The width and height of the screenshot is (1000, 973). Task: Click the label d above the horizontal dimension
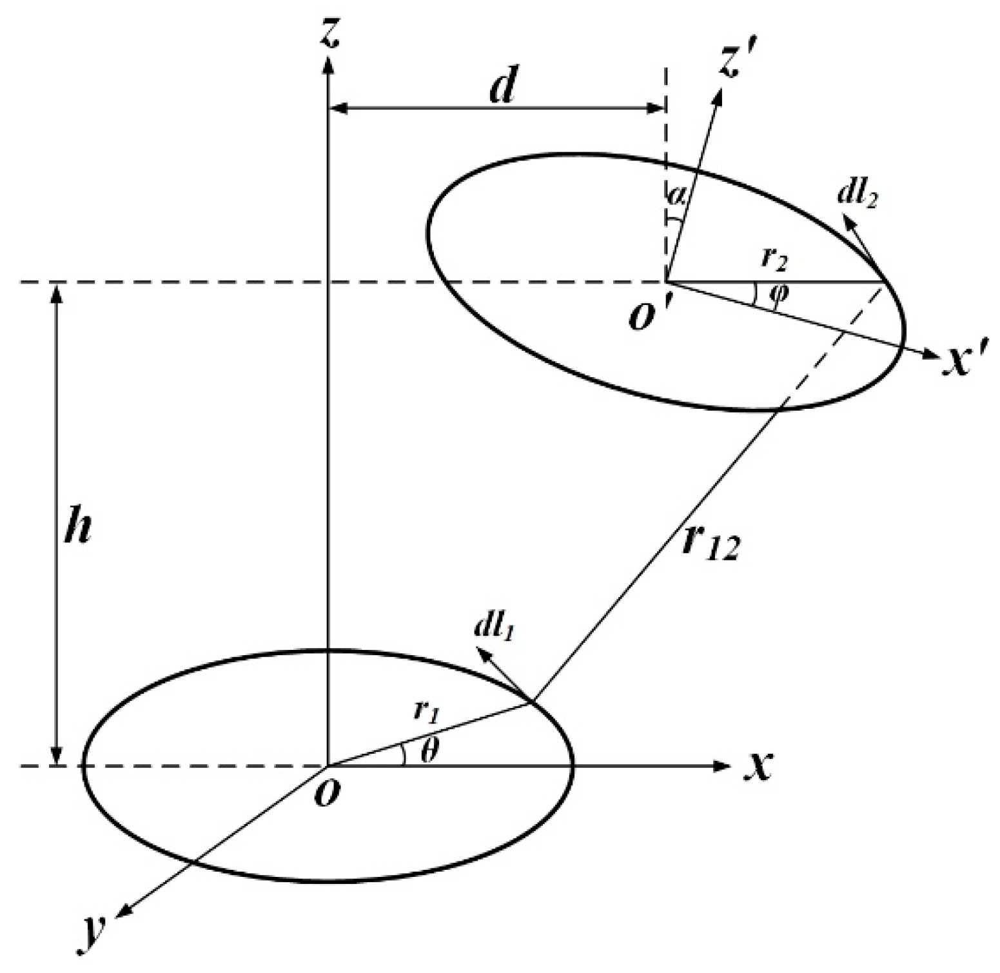pyautogui.click(x=502, y=86)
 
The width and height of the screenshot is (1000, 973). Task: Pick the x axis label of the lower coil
pyautogui.click(x=758, y=765)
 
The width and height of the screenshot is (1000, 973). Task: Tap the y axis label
pyautogui.click(x=95, y=943)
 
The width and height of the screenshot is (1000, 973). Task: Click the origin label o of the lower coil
pyautogui.click(x=327, y=793)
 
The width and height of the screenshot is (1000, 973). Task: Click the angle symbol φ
pyautogui.click(x=778, y=295)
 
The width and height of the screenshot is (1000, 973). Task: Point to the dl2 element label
pyautogui.click(x=857, y=194)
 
